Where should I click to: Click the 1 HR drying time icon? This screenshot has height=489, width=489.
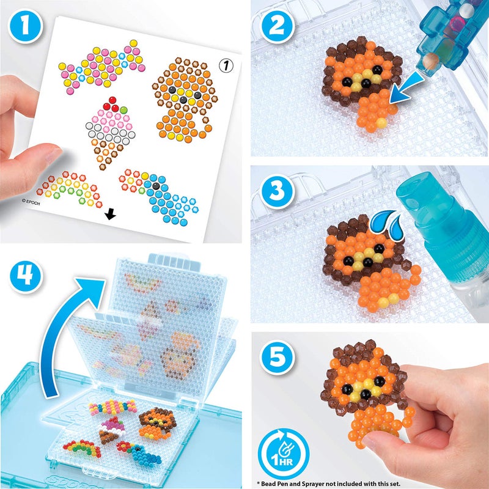point(279,446)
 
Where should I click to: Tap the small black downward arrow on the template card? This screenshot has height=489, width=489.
point(111,214)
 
